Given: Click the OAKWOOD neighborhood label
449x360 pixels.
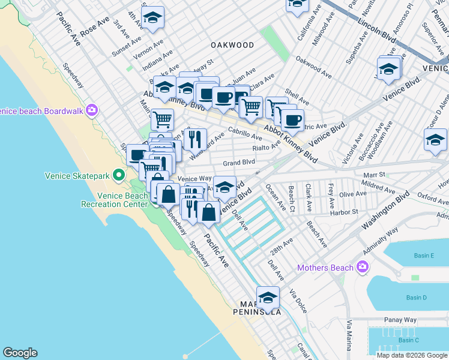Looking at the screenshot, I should (232, 45).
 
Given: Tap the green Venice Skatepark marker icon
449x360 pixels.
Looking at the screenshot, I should (119, 176).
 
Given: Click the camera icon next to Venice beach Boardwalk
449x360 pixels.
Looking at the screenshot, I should (92, 110).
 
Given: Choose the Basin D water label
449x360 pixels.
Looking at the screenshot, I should (416, 298).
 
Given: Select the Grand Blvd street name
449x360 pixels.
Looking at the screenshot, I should (239, 162).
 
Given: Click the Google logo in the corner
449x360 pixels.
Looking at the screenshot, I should (20, 353).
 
